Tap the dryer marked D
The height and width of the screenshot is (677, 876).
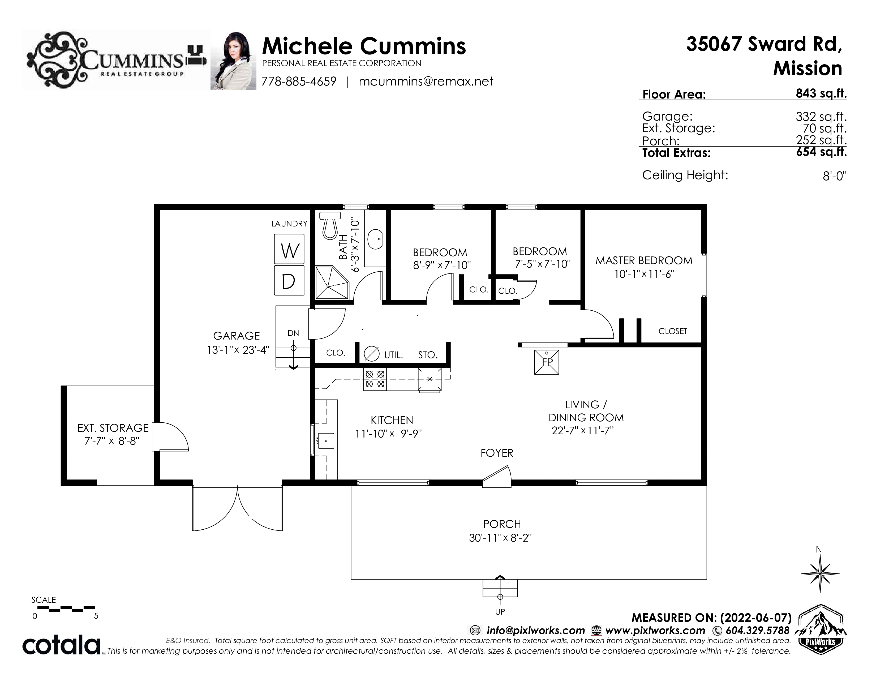click(289, 280)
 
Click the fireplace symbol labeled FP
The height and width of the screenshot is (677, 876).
click(547, 362)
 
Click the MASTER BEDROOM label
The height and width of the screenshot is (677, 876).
click(644, 261)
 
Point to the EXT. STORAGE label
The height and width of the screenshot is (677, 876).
click(113, 428)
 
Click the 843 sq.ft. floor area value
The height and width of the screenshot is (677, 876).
click(821, 93)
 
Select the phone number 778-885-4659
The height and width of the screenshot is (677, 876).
click(299, 82)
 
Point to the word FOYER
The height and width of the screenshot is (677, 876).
click(497, 453)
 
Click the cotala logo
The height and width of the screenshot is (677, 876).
click(61, 645)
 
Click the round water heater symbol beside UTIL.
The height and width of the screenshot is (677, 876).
click(371, 354)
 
